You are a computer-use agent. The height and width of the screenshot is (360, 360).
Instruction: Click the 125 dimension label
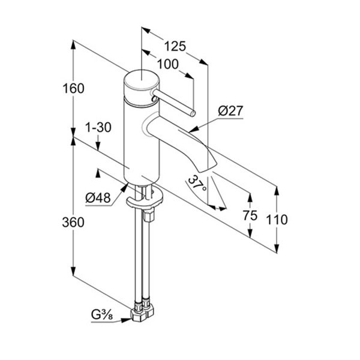click(x=175, y=46)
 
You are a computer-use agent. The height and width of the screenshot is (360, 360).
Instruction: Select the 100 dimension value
click(x=168, y=64)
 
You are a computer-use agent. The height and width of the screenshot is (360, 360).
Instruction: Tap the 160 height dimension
click(x=73, y=88)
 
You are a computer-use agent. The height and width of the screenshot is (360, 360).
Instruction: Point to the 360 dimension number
click(x=73, y=222)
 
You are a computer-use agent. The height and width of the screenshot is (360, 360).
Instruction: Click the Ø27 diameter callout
click(x=230, y=111)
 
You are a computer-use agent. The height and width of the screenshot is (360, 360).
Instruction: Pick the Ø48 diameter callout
click(x=98, y=197)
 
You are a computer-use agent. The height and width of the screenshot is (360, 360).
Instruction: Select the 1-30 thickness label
click(x=98, y=127)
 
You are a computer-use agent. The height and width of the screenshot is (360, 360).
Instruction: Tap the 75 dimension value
click(x=250, y=215)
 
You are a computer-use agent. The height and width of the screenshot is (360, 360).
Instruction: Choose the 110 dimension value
click(x=277, y=220)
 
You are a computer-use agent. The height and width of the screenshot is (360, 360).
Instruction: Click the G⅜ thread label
click(x=102, y=314)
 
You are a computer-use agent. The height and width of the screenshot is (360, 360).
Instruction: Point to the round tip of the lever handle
click(x=193, y=113)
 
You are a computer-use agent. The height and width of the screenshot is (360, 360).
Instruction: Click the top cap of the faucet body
click(x=142, y=80)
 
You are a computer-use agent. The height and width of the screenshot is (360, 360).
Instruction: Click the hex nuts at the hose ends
click(x=142, y=312)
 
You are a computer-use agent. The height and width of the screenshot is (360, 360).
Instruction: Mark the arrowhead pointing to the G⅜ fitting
click(x=126, y=320)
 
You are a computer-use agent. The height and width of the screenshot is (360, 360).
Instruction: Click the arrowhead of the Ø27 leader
click(x=193, y=130)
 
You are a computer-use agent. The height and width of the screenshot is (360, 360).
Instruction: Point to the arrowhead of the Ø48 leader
click(x=124, y=187)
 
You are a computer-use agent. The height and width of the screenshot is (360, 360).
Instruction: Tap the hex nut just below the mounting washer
click(x=148, y=215)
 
